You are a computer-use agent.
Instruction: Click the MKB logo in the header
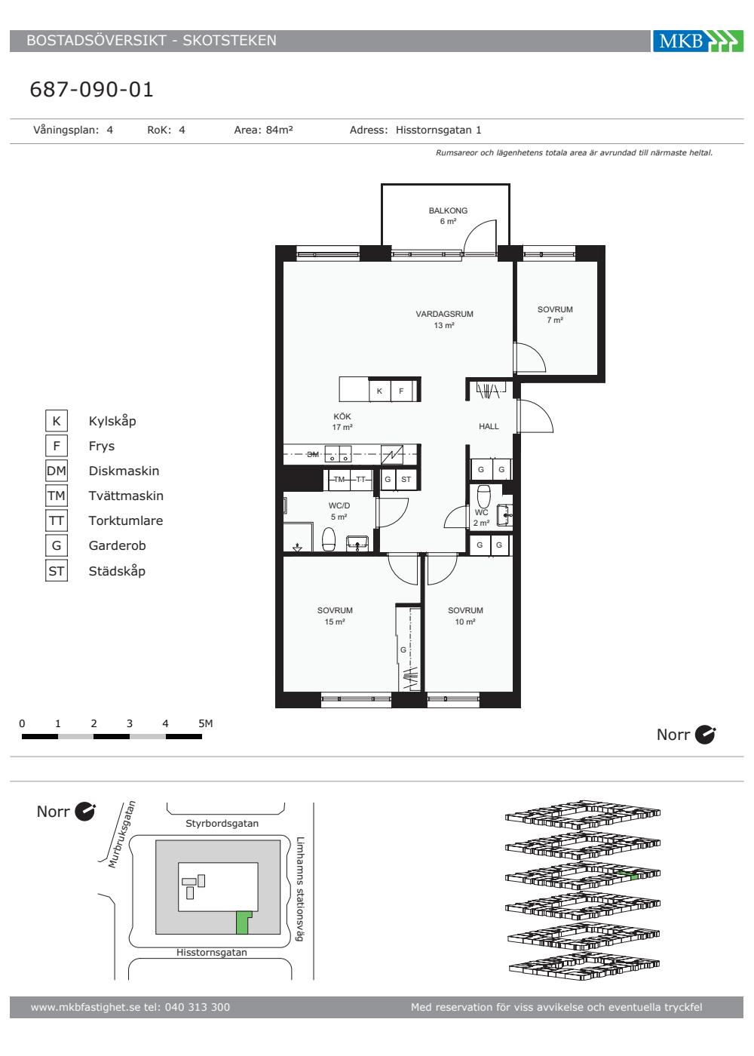697,41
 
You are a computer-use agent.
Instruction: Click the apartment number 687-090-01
91,90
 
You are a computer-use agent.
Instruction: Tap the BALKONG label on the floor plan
448,210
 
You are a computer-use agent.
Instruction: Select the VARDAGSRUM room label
444,314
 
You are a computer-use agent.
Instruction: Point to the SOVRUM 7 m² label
555,315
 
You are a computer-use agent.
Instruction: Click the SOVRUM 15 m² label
335,615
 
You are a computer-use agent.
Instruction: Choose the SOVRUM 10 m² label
465,615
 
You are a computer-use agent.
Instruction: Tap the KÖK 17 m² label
342,422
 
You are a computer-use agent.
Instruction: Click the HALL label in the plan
489,426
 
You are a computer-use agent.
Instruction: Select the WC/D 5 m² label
339,511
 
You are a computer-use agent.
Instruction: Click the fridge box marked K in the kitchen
380,391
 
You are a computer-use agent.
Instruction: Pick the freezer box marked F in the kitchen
401,391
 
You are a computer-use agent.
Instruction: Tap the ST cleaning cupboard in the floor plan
406,480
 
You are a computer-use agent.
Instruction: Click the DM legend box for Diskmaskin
57,471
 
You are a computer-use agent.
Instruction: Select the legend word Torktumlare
126,520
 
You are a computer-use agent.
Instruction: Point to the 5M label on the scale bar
205,723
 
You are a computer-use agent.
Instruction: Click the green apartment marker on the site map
243,922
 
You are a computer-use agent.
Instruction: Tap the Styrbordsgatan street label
222,823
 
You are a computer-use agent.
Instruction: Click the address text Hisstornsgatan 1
438,130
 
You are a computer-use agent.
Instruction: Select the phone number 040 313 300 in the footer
198,1007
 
